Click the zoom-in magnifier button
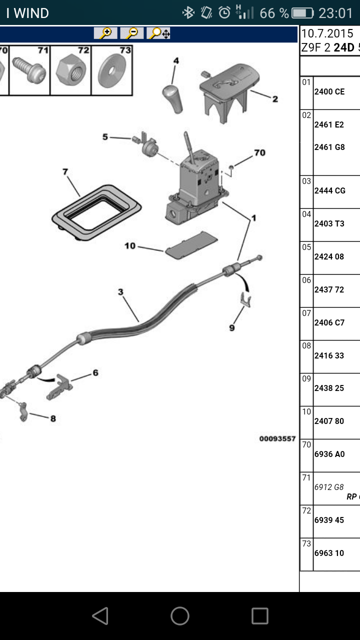105,33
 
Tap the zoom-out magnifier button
131,33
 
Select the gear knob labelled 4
172,98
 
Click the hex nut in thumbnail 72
71,70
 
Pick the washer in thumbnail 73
111,70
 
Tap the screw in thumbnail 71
29,70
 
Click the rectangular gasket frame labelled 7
96,212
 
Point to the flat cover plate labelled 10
191,245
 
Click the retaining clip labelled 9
246,299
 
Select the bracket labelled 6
59,387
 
